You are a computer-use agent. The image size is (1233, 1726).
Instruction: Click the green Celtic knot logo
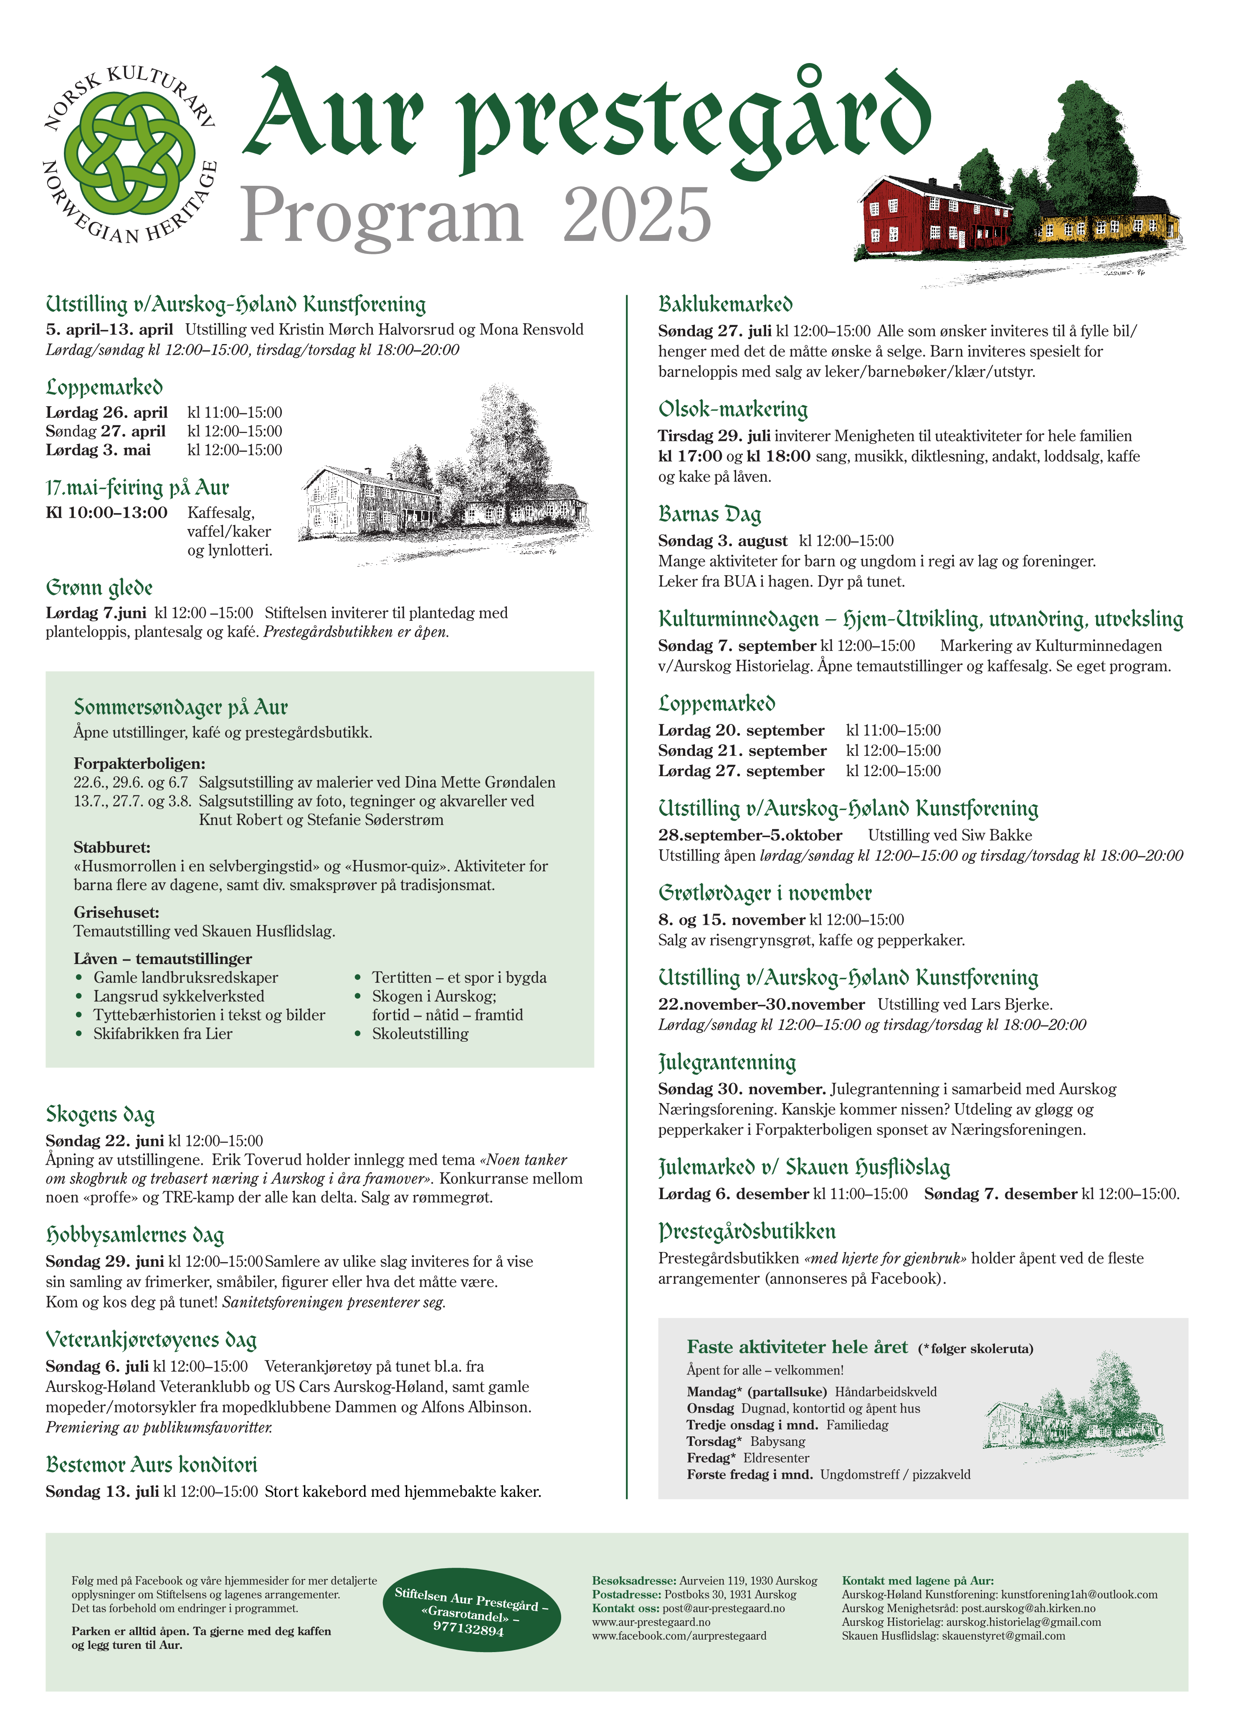point(129,158)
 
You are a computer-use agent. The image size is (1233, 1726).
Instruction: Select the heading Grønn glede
point(99,587)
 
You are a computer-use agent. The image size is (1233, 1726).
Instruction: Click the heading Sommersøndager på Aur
point(181,707)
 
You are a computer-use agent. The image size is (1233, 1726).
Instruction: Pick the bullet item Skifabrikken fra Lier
point(162,1034)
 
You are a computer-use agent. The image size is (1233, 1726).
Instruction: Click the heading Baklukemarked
point(725,304)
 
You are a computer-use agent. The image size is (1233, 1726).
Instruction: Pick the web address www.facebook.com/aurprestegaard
point(679,1636)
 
